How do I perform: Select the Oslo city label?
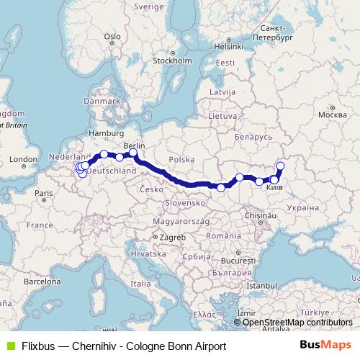(112, 36)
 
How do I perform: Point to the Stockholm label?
(170, 60)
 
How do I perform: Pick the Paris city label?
(44, 193)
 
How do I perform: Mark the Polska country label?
(177, 159)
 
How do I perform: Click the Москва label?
(332, 114)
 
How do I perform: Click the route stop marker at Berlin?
(133, 153)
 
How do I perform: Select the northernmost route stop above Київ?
(281, 166)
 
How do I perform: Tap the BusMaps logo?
(325, 346)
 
